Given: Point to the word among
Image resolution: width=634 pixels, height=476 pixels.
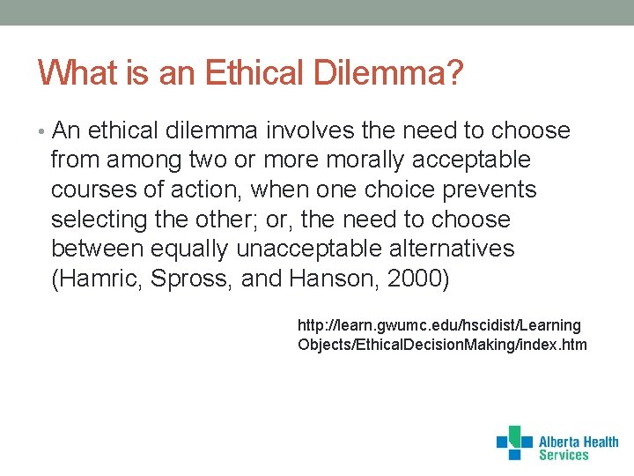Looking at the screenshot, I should pos(144,160).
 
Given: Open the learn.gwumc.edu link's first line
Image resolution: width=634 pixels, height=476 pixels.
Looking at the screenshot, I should pos(439,326).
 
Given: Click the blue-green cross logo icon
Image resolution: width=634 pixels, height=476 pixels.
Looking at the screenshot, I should pos(514,443).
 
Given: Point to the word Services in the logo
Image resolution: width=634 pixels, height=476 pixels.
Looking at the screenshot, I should pos(564,456).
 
